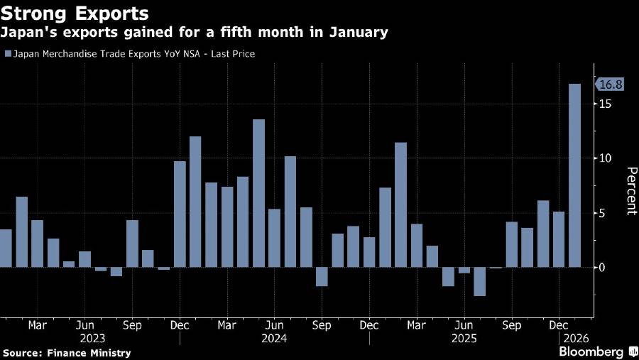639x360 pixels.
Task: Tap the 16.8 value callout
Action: click(611, 84)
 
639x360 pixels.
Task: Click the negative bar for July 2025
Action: click(480, 281)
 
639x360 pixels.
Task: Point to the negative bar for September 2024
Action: click(322, 276)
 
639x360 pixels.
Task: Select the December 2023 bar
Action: click(180, 214)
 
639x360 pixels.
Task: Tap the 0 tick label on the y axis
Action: click(602, 268)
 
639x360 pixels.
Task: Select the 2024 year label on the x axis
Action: click(274, 339)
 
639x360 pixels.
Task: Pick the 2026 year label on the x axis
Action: click(574, 339)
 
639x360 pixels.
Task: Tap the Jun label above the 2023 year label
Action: click(84, 325)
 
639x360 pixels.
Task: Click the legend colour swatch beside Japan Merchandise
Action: click(7, 54)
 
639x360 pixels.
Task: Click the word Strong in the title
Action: click(38, 13)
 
